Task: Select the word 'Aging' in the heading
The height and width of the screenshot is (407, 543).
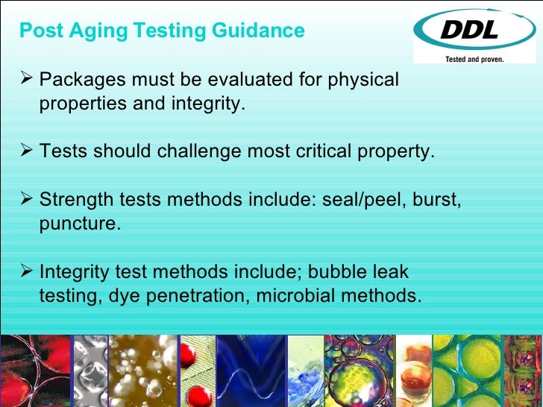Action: (100, 31)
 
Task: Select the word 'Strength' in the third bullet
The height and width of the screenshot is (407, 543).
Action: (71, 200)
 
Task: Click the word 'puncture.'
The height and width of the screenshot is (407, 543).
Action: (79, 223)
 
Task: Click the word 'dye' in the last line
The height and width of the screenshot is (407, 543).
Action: (120, 295)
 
